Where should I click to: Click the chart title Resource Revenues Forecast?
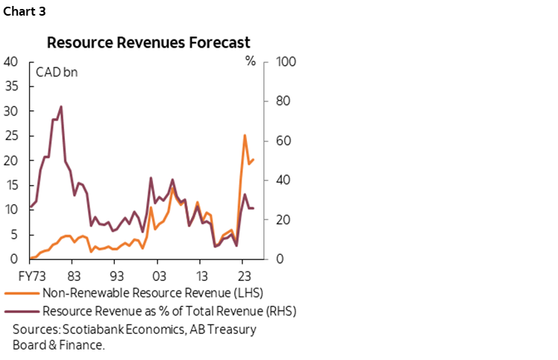click(x=149, y=42)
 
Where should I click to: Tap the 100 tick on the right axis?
click(x=287, y=62)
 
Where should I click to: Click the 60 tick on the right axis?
click(x=284, y=141)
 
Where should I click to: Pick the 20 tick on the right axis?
click(x=284, y=220)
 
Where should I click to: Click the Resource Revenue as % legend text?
click(x=169, y=311)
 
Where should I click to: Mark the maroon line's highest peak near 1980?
click(x=60, y=107)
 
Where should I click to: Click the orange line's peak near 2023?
click(x=245, y=135)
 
